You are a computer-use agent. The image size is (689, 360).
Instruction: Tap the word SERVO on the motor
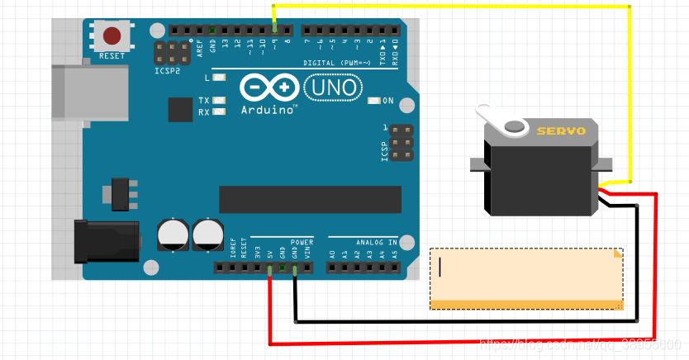[561, 130]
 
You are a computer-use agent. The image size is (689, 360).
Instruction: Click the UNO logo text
[333, 87]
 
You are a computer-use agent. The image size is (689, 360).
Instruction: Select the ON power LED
[375, 101]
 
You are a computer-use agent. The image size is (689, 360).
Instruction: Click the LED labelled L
[219, 78]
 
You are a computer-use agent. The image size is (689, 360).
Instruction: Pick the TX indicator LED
[219, 101]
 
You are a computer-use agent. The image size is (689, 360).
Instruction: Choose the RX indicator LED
[219, 111]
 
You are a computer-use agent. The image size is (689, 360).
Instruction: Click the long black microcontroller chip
[310, 199]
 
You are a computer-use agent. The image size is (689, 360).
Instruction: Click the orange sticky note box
[526, 278]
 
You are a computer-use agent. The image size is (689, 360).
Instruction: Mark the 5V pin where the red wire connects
[270, 267]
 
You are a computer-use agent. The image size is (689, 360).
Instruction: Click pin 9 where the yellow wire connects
[275, 31]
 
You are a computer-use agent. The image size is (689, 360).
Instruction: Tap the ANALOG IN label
[377, 242]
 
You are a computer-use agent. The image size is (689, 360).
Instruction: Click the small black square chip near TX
[179, 109]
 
